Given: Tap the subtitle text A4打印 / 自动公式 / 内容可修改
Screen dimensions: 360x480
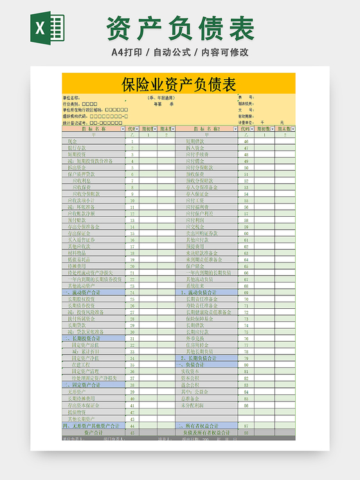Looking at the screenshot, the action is click(180, 52).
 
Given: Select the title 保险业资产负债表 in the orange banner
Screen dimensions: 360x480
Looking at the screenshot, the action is click(179, 84).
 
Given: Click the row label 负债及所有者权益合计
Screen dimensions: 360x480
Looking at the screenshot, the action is click(205, 432).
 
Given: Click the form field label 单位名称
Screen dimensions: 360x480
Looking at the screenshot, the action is click(71, 98).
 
